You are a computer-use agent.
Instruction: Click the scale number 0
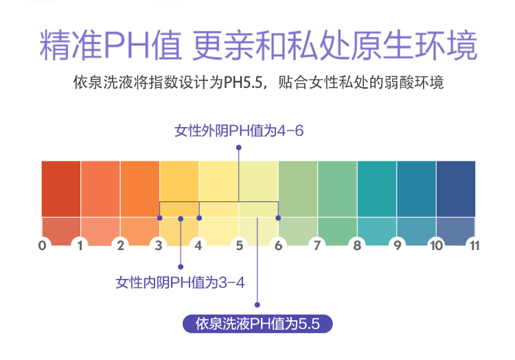43,245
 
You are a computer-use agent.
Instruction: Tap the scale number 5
240,245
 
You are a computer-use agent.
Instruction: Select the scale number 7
317,245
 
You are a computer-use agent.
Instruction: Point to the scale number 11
474,245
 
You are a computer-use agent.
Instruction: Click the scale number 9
398,245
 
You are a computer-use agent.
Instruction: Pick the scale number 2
121,245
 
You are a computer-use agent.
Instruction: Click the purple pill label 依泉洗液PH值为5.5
257,324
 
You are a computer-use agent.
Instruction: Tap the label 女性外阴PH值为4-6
239,131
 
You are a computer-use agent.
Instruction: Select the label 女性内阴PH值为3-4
180,282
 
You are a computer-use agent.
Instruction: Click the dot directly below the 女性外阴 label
239,148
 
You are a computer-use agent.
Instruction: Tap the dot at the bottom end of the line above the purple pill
257,305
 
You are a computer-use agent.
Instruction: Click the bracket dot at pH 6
278,218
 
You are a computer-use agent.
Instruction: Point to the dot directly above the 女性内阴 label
181,267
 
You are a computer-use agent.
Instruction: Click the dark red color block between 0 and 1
61,189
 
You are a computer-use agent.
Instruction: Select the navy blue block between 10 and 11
456,189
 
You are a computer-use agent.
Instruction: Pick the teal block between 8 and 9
377,189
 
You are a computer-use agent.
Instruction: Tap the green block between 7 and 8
337,189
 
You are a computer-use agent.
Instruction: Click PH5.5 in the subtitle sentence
243,82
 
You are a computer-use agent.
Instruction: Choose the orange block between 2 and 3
140,189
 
